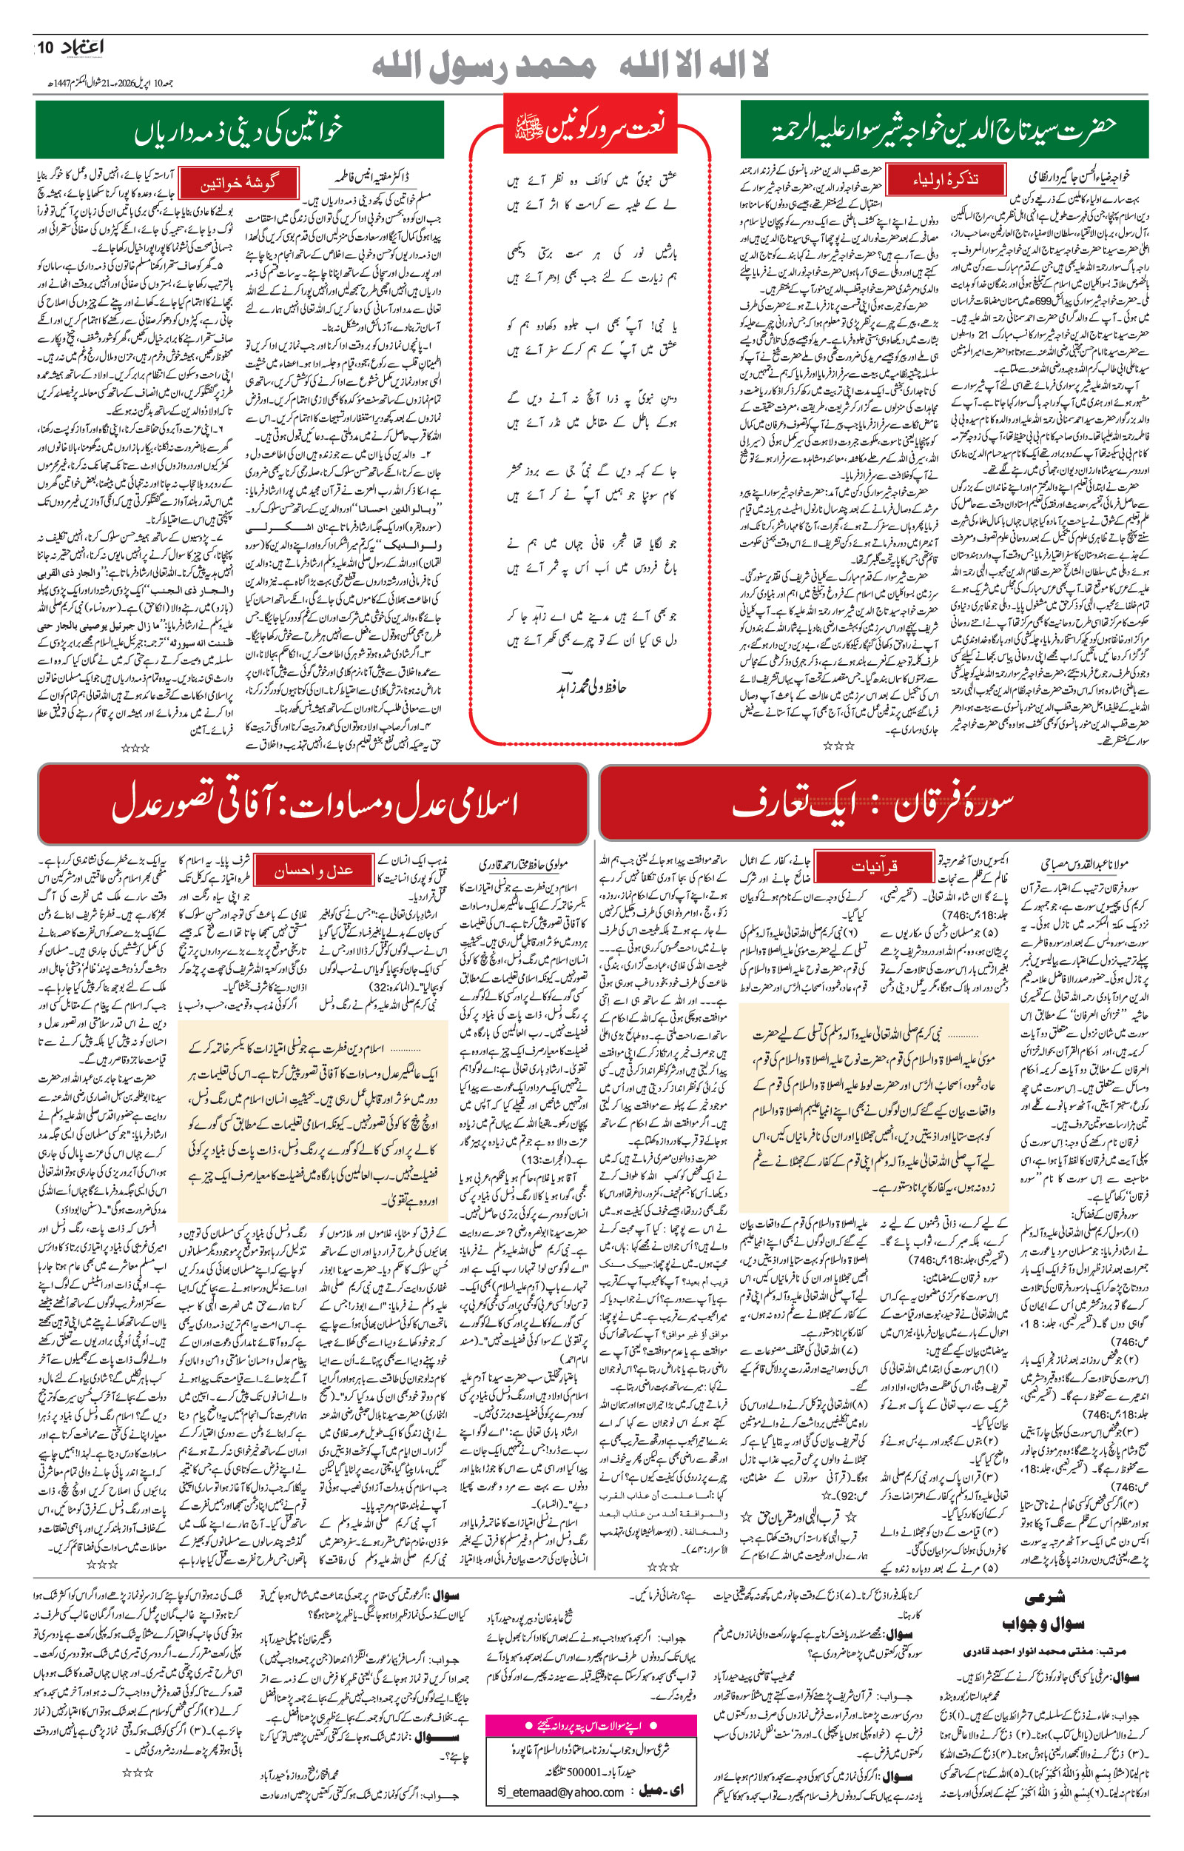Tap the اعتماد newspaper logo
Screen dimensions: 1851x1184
pyautogui.click(x=81, y=47)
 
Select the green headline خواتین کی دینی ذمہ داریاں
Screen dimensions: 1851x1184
pyautogui.click(x=239, y=131)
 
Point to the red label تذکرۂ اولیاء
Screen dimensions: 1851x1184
pyautogui.click(x=945, y=179)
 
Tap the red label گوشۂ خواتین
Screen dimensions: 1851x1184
pyautogui.click(x=238, y=184)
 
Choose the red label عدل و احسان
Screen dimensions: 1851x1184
pyautogui.click(x=314, y=870)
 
